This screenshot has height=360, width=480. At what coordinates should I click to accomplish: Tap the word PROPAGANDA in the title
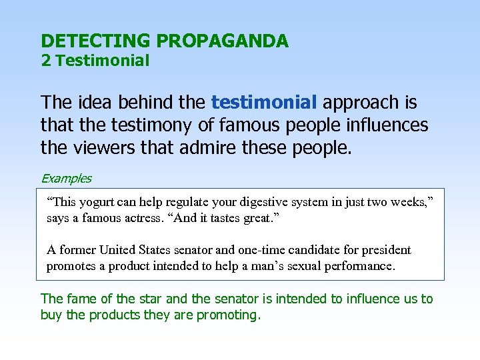(x=222, y=41)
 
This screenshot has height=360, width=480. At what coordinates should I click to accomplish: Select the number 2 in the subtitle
(x=45, y=61)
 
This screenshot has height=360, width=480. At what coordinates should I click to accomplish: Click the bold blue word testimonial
(x=264, y=103)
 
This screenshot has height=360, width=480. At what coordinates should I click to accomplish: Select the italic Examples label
(x=66, y=179)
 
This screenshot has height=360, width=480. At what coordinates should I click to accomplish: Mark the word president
(x=387, y=250)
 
